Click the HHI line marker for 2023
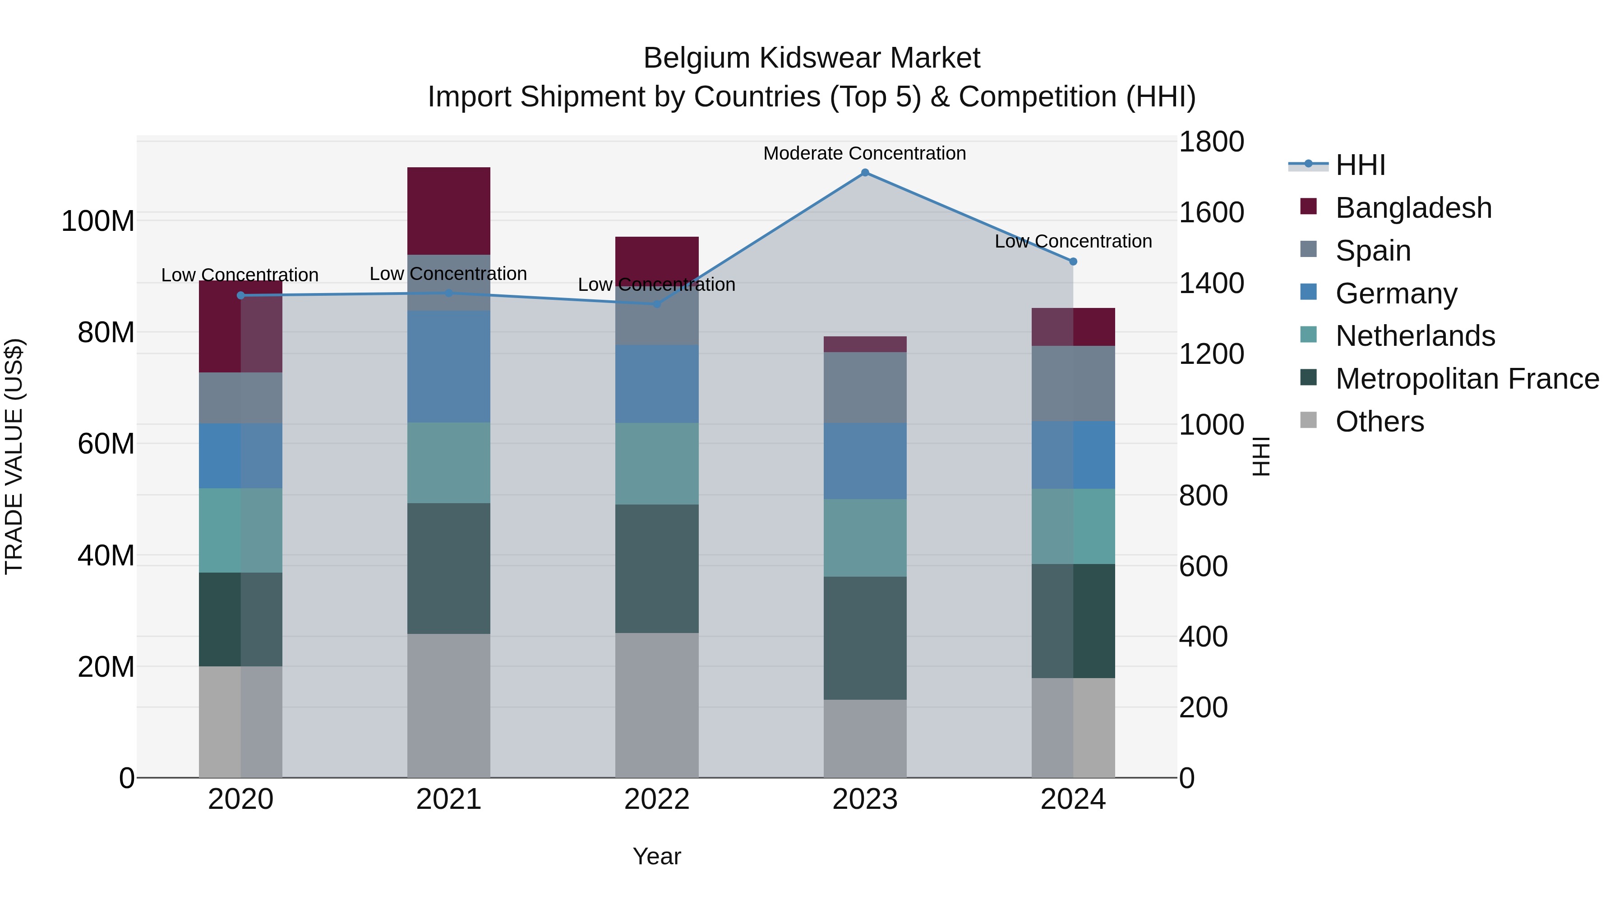point(865,173)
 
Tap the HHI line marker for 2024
point(1073,262)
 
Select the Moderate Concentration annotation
point(864,153)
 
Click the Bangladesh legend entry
point(1413,208)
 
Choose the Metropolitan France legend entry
point(1467,379)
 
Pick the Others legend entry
point(1379,422)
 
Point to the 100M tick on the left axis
point(98,221)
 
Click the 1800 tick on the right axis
point(1211,142)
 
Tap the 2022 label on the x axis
point(657,799)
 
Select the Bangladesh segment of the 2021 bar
point(449,211)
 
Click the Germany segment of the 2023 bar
point(865,461)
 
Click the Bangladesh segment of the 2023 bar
point(865,344)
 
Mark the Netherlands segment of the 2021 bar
point(449,463)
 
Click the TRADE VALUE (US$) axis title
point(14,456)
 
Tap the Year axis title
point(657,856)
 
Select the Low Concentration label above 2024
point(1073,241)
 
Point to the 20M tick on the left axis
point(106,667)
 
